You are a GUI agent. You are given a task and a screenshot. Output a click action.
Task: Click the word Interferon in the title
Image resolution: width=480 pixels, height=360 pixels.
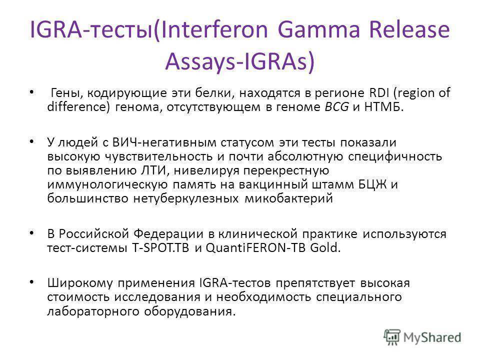214,29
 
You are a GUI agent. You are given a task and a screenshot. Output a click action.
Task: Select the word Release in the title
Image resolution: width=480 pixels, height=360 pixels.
409,29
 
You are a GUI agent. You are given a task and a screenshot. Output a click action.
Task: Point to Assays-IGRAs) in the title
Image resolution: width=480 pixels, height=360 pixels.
239,61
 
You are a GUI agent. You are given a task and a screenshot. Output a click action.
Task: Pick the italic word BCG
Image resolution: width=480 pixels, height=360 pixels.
336,107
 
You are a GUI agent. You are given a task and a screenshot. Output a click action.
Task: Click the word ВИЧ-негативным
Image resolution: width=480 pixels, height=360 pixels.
164,142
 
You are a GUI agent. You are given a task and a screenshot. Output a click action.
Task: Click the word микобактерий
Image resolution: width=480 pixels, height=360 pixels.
288,198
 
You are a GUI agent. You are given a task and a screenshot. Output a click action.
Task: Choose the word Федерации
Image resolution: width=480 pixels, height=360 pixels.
168,234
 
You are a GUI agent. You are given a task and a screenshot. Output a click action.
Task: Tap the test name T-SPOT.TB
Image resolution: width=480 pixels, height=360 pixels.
160,247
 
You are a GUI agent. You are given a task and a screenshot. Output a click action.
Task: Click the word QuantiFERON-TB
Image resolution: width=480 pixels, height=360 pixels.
255,247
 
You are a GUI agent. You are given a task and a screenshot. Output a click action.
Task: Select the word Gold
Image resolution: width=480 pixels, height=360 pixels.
325,247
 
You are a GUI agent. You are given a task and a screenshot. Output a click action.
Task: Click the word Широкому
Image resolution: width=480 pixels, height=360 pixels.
80,283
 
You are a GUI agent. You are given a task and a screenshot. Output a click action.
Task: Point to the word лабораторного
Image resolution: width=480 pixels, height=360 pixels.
93,311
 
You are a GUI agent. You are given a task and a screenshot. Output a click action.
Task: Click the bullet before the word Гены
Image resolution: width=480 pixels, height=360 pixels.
31,92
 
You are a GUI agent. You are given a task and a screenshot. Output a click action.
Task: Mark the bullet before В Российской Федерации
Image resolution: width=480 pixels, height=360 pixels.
31,233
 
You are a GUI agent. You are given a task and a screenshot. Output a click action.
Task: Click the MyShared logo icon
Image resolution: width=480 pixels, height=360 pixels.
392,337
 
